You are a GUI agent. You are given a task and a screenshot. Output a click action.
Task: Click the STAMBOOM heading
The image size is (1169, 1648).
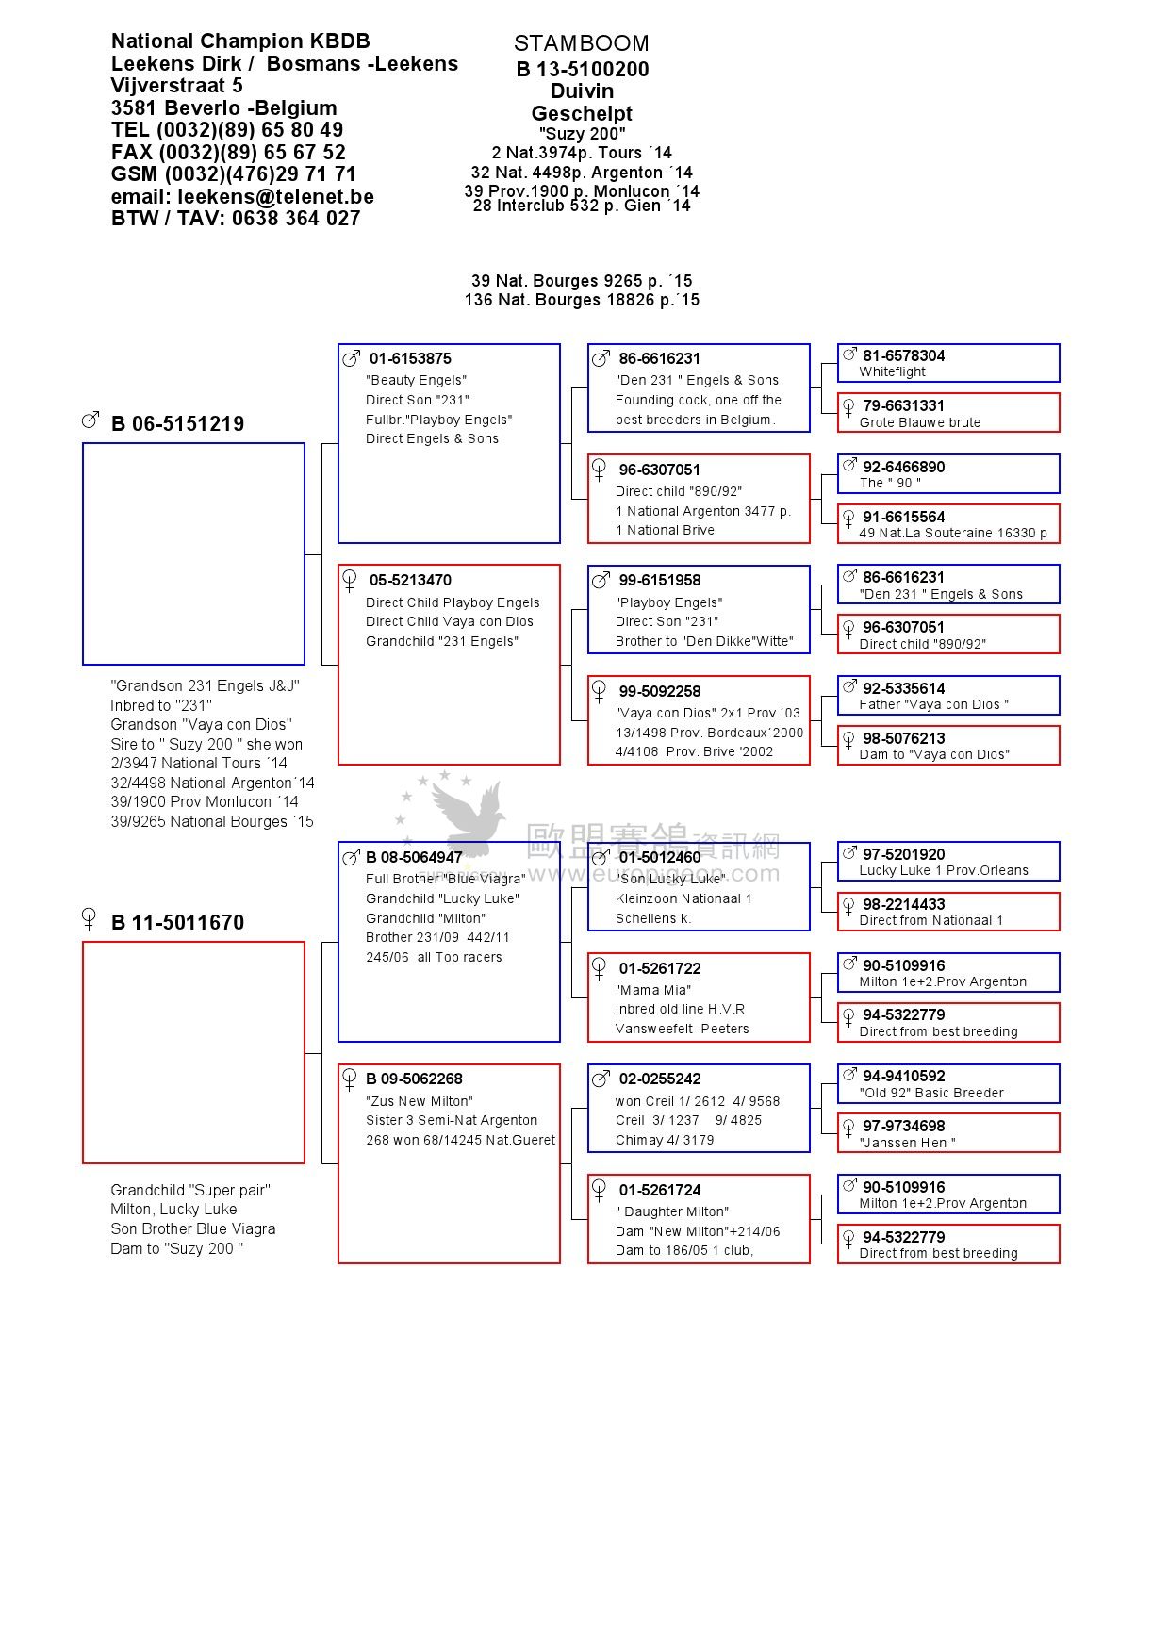[581, 43]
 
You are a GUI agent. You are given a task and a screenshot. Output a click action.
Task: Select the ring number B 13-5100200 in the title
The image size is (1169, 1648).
[582, 69]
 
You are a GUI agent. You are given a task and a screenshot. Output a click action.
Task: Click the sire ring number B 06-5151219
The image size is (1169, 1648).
[177, 424]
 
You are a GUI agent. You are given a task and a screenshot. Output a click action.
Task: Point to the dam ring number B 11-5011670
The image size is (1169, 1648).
[177, 923]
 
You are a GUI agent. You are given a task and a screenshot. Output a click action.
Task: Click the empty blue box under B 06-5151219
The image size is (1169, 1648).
[193, 553]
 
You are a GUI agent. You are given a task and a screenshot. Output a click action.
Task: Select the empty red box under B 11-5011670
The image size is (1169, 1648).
[193, 1052]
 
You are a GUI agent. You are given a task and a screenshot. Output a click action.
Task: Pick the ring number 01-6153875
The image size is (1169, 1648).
[410, 359]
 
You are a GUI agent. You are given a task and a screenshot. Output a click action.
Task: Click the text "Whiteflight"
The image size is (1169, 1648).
[892, 372]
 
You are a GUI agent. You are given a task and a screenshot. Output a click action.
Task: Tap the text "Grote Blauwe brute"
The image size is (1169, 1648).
[919, 423]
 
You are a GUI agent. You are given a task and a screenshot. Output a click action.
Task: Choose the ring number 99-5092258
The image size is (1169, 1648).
[659, 692]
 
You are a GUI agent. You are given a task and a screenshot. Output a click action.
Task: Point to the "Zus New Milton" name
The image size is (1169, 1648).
[420, 1101]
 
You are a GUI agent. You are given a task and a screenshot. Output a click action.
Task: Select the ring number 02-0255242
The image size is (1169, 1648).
[659, 1079]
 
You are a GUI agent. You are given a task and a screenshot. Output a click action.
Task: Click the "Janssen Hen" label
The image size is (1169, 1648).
[907, 1143]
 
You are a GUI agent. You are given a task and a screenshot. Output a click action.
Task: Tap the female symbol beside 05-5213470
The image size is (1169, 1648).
[350, 580]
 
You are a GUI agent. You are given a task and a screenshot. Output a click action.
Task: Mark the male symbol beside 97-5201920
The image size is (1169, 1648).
[848, 853]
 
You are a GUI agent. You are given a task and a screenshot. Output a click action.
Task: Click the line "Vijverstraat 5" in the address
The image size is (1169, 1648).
[176, 86]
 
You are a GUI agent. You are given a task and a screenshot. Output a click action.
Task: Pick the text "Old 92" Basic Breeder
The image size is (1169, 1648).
[930, 1094]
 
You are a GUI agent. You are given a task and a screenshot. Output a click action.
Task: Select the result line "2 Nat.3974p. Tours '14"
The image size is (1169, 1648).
[582, 153]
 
